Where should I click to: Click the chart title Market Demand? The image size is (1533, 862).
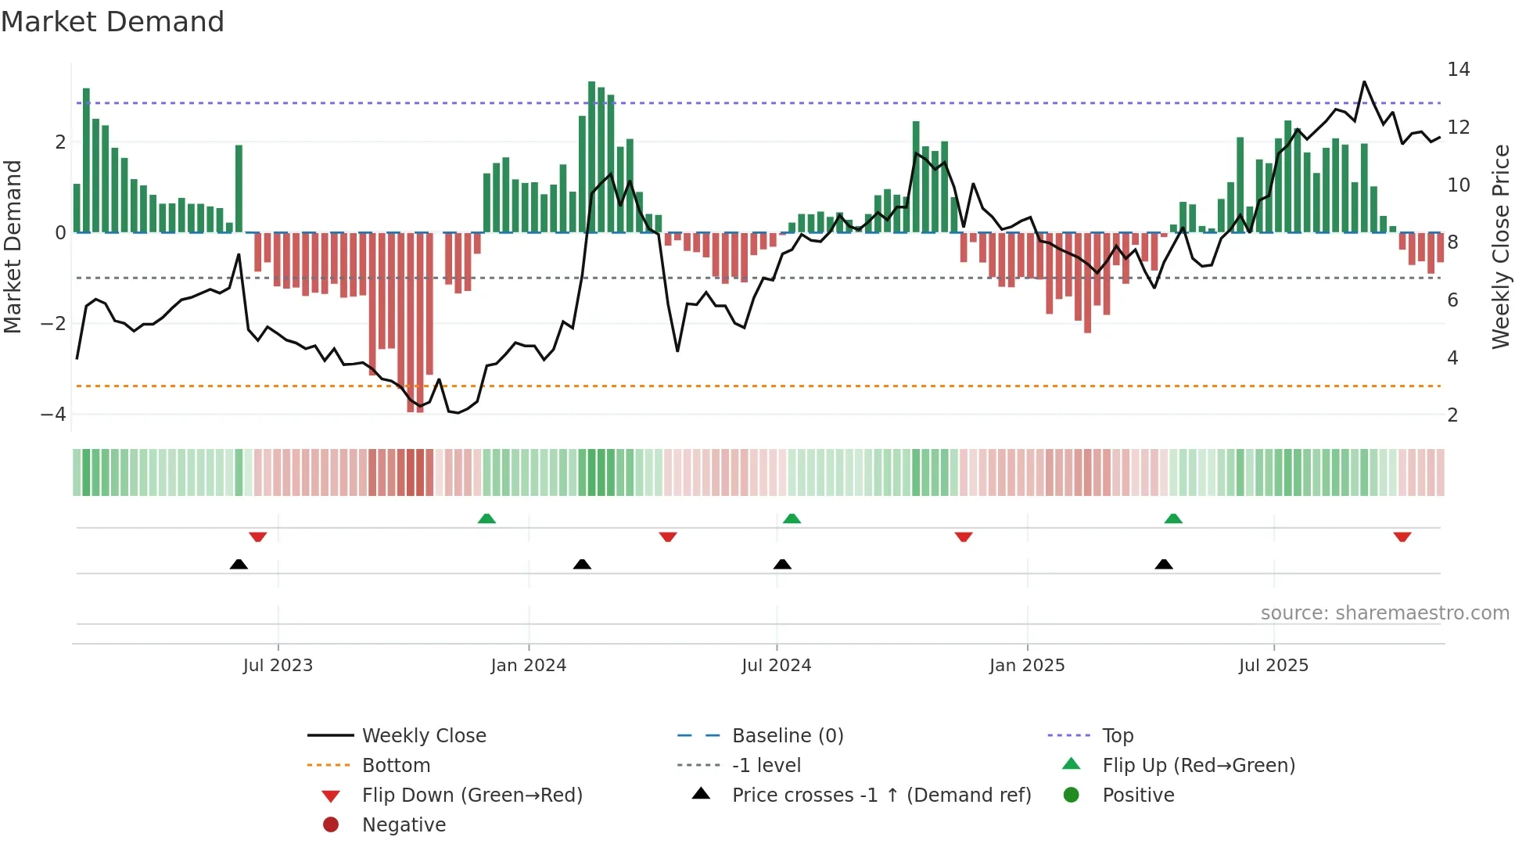113,22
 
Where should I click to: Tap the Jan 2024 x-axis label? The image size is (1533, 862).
528,666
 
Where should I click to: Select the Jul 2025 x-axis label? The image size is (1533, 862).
1273,666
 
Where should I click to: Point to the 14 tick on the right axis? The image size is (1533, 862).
1458,70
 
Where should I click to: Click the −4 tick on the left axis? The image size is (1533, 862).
53,415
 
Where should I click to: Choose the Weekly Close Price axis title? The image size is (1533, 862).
1500,246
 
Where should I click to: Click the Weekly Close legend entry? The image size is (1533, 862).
423,736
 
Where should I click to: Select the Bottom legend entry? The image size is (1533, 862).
396,766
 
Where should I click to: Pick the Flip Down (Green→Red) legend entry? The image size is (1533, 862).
472,796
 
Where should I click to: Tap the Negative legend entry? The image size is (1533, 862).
404,825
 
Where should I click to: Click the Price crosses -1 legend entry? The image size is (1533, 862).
881,796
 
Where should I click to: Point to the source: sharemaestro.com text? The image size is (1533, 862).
1384,613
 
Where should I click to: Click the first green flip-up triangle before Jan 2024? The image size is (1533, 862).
486,519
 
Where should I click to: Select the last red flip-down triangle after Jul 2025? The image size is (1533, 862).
1402,537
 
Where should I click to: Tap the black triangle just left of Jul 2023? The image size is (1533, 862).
239,564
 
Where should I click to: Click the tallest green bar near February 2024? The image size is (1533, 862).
591,156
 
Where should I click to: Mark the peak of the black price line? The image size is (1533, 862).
1364,81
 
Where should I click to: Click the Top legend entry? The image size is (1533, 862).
1117,736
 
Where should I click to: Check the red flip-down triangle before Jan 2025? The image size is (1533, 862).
963,537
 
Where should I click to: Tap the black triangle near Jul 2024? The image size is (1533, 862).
782,564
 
